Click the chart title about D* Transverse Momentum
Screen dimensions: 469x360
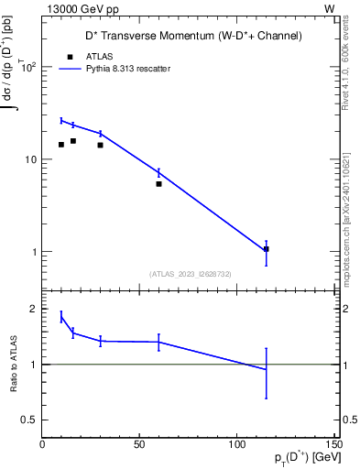[x=188, y=36]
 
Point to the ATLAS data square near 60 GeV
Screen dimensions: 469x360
[x=158, y=184]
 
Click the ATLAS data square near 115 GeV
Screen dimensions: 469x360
[x=266, y=248]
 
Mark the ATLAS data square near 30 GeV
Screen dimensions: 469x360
[x=100, y=145]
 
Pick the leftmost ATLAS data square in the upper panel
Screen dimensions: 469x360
[x=61, y=145]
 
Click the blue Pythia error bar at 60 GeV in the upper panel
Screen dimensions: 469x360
[x=158, y=172]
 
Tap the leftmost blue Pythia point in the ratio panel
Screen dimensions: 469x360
[x=61, y=317]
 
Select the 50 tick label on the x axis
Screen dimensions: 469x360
[x=139, y=444]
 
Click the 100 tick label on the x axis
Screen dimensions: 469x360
[x=236, y=444]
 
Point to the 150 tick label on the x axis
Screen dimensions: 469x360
[x=333, y=444]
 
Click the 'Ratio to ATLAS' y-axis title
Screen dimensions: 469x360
[x=14, y=365]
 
